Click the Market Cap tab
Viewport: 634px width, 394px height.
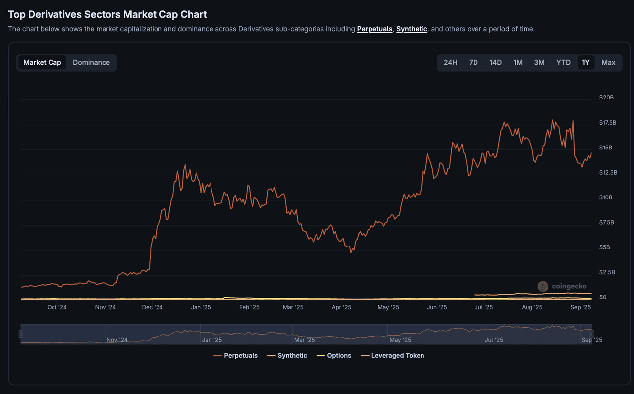point(42,62)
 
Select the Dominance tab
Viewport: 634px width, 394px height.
point(91,62)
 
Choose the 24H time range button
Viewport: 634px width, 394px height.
point(450,62)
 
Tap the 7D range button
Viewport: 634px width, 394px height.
point(473,62)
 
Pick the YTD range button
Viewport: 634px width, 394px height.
point(563,62)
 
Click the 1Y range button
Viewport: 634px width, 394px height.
point(586,62)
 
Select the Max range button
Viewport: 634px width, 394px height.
point(608,62)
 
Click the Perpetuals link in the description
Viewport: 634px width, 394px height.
point(374,29)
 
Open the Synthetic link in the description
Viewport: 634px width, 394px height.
point(412,29)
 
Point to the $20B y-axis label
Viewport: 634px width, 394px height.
point(606,98)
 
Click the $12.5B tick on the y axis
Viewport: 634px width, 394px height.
point(608,172)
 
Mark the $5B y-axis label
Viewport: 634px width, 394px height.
point(604,247)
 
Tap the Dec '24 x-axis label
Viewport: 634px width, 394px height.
point(152,307)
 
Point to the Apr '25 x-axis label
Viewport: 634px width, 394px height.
point(341,307)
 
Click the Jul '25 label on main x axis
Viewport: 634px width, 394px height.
point(483,307)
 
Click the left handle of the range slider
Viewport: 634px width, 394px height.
point(21,334)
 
